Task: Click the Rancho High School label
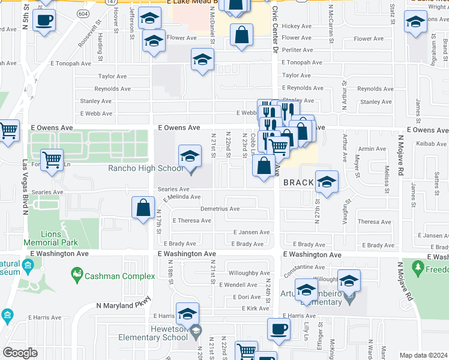pos(145,168)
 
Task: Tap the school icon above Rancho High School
pos(190,157)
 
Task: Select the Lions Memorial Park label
pos(51,239)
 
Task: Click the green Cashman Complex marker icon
pos(76,276)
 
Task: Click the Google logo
pos(20,353)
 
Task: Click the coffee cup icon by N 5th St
pos(44,20)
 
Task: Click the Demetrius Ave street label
pos(220,209)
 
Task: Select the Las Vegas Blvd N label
pos(25,187)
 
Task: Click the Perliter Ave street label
pos(298,50)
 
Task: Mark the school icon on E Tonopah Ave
pos(202,59)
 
